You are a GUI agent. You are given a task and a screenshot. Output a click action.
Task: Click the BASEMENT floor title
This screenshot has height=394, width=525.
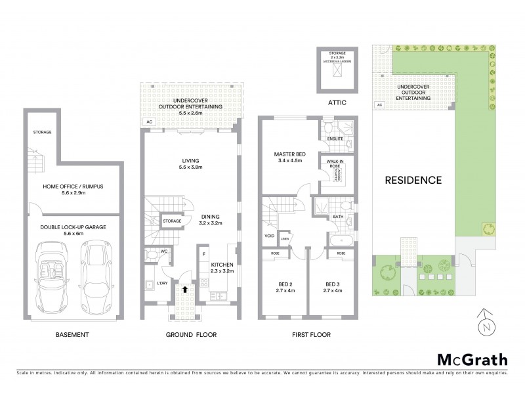click(x=72, y=335)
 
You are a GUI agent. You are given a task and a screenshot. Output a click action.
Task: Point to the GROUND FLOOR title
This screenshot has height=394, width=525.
click(x=191, y=335)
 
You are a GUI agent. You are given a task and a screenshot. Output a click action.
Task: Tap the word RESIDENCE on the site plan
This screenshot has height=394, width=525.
click(x=413, y=179)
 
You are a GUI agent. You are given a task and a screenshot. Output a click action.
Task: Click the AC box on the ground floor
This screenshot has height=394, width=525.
click(x=149, y=122)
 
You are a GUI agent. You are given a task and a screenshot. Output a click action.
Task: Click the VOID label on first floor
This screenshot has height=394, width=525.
click(x=269, y=235)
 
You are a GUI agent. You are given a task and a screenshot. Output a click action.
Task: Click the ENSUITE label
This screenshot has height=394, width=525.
click(x=335, y=139)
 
